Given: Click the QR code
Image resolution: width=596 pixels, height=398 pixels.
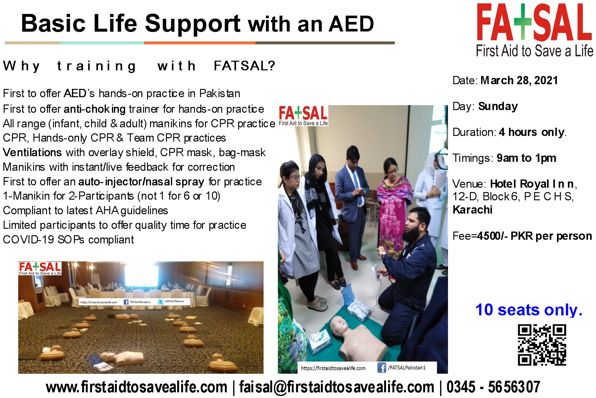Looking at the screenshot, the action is (x=542, y=345).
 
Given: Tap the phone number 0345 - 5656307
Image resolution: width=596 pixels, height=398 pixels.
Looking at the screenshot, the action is (x=493, y=387).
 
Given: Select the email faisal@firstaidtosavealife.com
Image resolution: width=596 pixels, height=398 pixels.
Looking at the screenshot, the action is (x=336, y=387).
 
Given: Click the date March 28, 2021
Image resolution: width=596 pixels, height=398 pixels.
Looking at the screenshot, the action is (x=519, y=81).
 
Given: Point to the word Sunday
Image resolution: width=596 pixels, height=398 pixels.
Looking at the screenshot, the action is (x=498, y=106).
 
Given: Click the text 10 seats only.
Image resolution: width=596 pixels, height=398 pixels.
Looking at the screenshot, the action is (x=529, y=310).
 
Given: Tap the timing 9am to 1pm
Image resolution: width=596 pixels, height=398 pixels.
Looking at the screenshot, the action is (x=526, y=158).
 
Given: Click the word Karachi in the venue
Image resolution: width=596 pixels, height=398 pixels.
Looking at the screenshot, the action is (x=472, y=210).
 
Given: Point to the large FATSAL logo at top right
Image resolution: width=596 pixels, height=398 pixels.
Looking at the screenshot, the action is (x=534, y=30).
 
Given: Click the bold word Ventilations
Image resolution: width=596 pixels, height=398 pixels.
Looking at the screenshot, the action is (x=32, y=153).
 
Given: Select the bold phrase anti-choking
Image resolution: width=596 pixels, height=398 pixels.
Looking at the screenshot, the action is (x=95, y=109).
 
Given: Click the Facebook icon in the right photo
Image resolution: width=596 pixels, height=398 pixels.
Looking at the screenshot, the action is (x=381, y=367).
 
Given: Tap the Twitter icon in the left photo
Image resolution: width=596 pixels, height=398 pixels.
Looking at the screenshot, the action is (x=161, y=302).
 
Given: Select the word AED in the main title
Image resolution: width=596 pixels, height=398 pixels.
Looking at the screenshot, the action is (x=351, y=24).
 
